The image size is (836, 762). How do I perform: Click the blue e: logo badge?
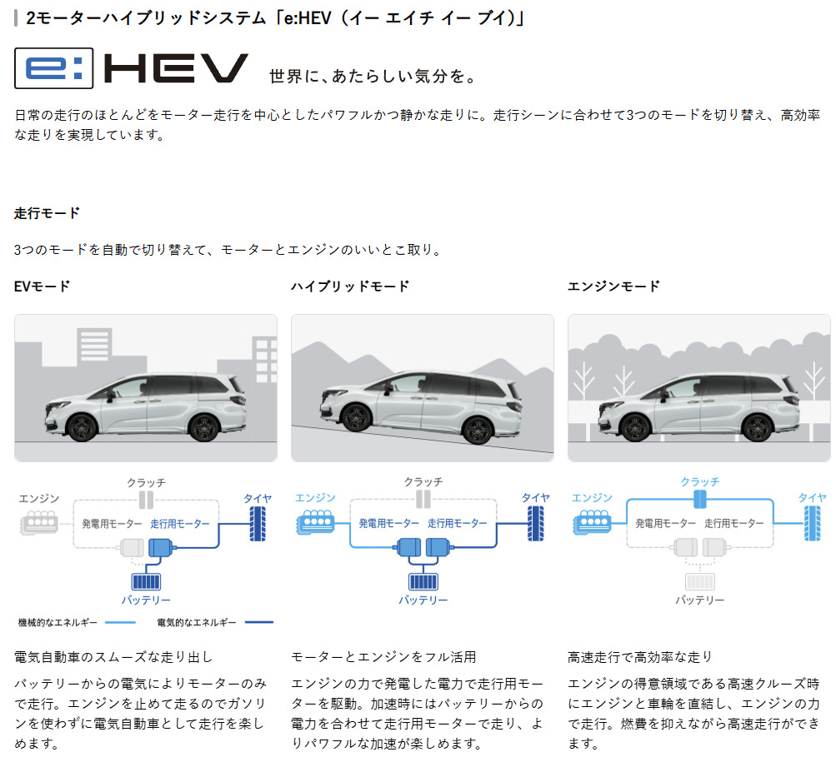[x=54, y=69]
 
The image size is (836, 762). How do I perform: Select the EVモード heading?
[x=43, y=286]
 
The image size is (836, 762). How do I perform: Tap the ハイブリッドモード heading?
[x=350, y=286]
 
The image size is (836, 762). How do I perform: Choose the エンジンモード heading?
[x=613, y=286]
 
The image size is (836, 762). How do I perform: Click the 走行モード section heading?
[x=48, y=213]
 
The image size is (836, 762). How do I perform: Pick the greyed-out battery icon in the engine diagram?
[x=699, y=580]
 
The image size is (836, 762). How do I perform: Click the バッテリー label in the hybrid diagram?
[x=423, y=600]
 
